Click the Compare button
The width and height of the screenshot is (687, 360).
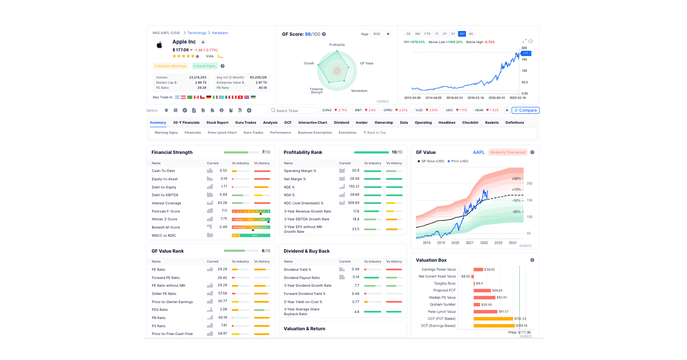(x=525, y=110)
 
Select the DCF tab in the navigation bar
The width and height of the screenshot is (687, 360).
(x=288, y=122)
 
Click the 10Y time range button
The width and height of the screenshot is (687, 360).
(x=462, y=34)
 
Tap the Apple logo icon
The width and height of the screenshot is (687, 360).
(x=159, y=45)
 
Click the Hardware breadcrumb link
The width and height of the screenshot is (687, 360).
(x=219, y=33)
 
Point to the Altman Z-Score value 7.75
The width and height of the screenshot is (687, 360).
(x=224, y=219)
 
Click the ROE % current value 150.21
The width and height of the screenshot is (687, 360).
(x=354, y=187)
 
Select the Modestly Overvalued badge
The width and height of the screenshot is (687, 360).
(x=508, y=152)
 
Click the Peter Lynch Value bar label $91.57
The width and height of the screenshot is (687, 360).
(x=503, y=311)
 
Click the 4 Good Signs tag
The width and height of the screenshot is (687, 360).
(x=204, y=66)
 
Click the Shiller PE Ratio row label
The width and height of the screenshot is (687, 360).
(x=164, y=294)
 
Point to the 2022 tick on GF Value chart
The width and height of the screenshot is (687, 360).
(x=484, y=243)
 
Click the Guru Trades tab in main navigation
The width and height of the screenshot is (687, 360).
(x=246, y=122)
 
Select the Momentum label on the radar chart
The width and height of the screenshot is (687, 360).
(x=359, y=91)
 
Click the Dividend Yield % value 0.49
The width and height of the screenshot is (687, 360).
(x=355, y=269)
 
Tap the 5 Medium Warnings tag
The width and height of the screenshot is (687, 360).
(x=171, y=66)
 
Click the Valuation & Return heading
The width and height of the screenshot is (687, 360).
(x=304, y=329)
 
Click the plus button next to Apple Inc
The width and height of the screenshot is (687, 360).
(x=203, y=42)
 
